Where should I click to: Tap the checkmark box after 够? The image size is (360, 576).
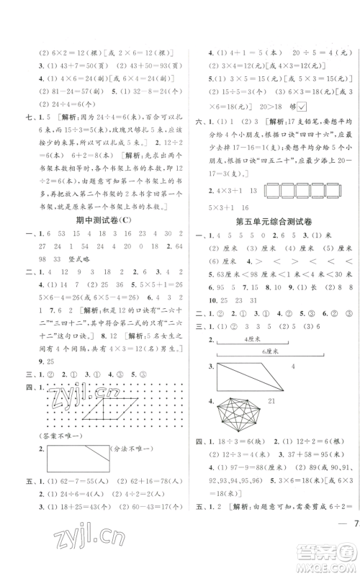pos(302,145)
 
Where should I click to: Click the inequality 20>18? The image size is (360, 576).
pos(273,145)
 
